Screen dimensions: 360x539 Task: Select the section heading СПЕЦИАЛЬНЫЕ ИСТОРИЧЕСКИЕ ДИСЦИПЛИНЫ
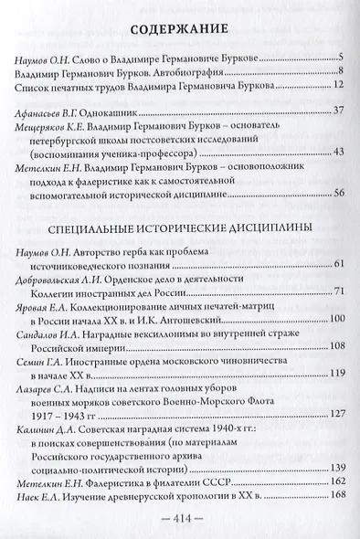click(180, 224)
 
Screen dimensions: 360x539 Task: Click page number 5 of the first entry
click(339, 58)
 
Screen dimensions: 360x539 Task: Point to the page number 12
click(337, 87)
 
